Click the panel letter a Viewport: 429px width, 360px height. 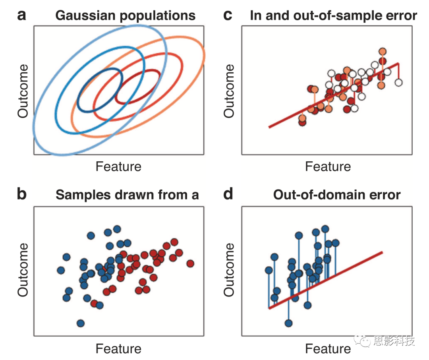point(21,16)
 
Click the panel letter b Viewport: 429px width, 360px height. point(22,195)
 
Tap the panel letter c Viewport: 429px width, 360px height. point(228,16)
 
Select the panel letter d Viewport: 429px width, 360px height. point(228,195)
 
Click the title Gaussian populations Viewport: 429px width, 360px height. point(126,16)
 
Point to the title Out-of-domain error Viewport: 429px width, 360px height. point(337,195)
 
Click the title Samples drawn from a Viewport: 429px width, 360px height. point(127,195)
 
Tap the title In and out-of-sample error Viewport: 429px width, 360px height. point(333,16)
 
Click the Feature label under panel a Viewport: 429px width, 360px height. point(118,166)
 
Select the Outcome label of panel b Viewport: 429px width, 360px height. point(23,269)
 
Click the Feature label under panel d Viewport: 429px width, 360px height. point(328,349)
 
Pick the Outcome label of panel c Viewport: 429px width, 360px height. point(229,91)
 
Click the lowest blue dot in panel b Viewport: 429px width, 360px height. point(81,323)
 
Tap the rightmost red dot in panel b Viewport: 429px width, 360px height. point(190,263)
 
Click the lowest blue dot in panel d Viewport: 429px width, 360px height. point(288,323)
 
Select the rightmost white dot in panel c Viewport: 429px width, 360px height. point(399,82)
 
